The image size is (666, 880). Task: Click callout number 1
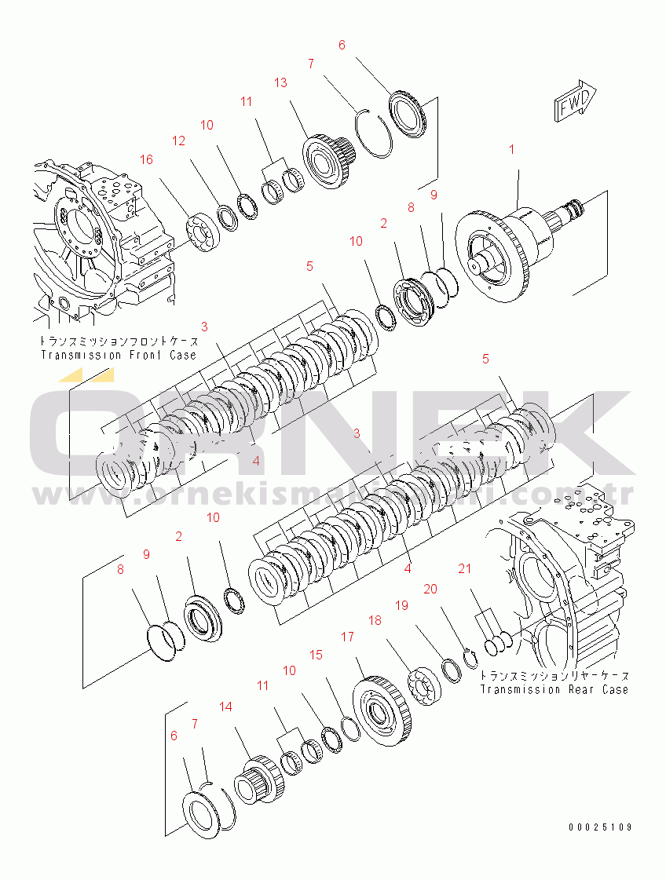pos(512,149)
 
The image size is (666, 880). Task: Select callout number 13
pos(280,82)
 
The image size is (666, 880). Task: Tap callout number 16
pos(146,159)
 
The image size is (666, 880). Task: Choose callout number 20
pos(430,589)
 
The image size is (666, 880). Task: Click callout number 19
pos(401,605)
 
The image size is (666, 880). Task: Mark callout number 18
pos(375,620)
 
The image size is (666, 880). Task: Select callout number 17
pos(347,637)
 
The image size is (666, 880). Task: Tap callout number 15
pos(316,654)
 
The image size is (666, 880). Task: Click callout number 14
pos(225,707)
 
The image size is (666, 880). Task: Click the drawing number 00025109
pos(602,827)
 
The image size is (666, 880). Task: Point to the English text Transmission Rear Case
pos(554,689)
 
